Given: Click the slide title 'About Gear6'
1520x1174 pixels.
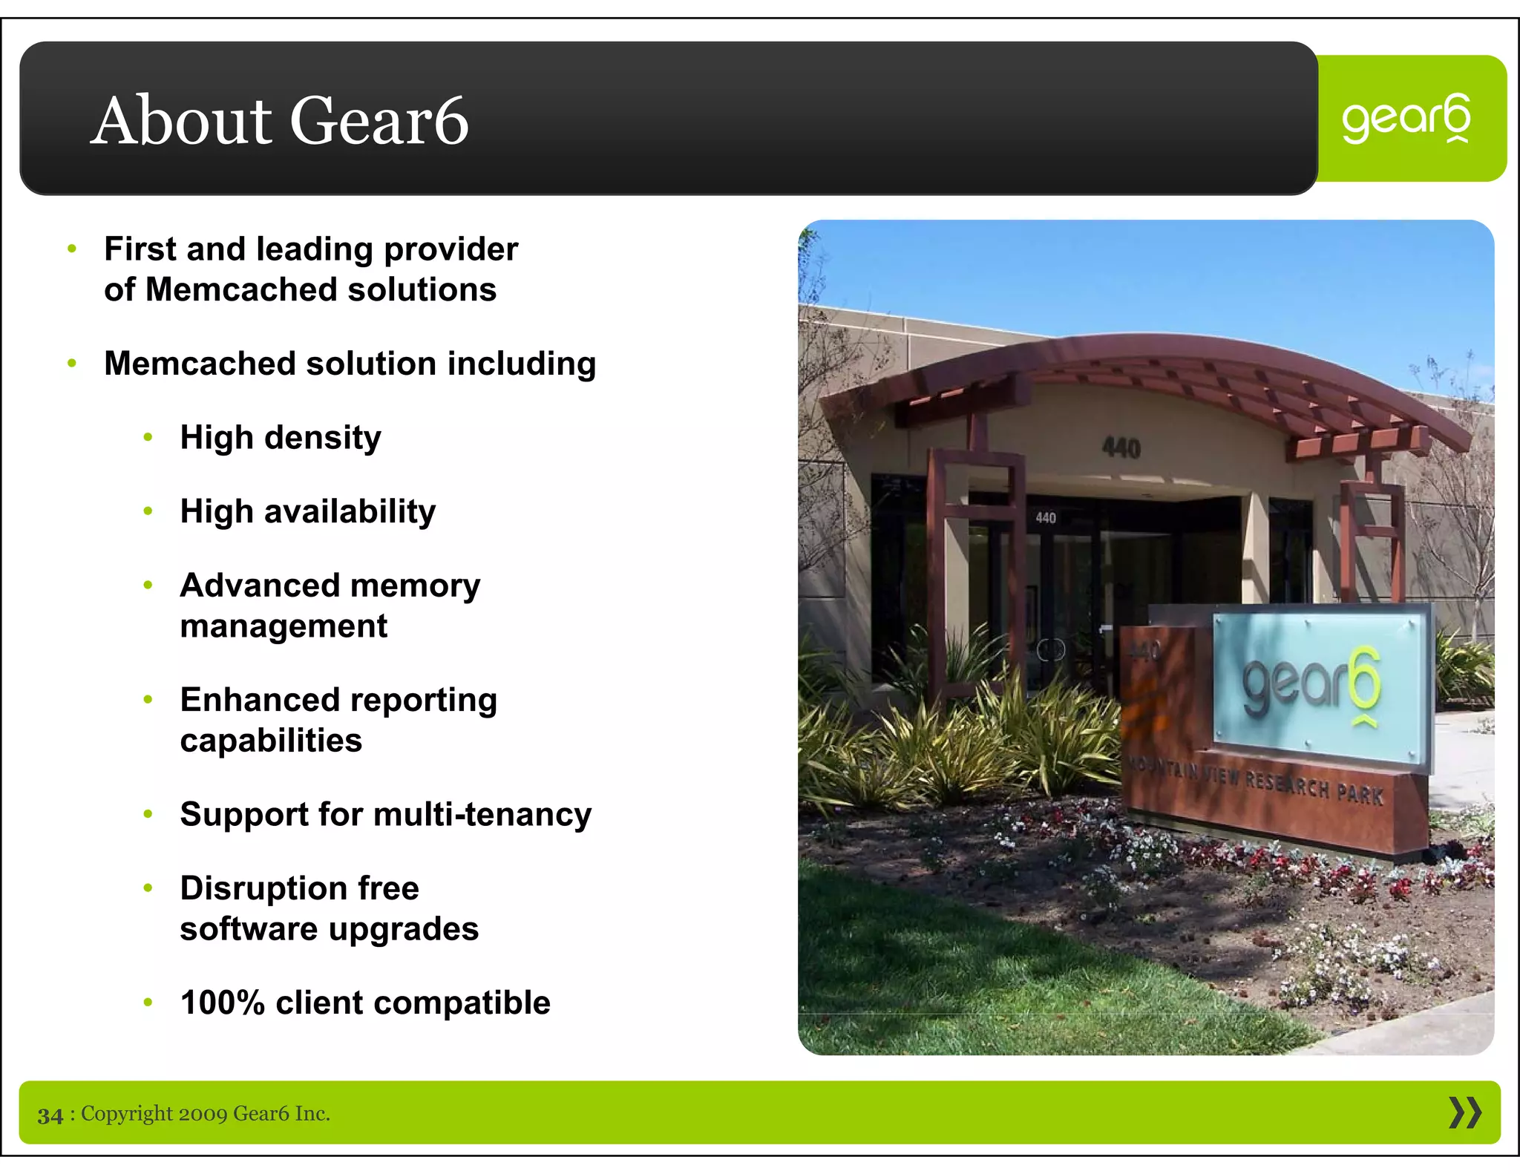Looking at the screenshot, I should pos(279,120).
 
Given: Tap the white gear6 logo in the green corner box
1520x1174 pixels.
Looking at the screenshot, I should pos(1406,119).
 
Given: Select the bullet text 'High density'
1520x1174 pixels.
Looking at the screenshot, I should pos(281,438).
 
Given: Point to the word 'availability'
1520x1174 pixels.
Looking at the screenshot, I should pos(350,512).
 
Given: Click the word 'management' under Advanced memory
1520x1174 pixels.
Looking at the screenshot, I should pos(284,626).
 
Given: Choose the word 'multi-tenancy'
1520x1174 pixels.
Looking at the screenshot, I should pos(482,815).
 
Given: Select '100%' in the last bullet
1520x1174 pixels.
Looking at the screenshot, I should pos(222,1003).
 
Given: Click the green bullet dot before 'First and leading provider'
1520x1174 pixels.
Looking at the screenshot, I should pos(72,249).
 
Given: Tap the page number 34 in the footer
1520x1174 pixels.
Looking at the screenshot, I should pos(50,1115).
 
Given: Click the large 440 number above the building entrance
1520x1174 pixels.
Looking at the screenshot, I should pos(1121,447).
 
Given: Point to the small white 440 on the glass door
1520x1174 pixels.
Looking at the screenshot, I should pos(1045,518).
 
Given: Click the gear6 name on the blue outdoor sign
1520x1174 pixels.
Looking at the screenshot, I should pos(1311,683).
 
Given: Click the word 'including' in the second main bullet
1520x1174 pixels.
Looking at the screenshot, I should pos(522,364).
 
